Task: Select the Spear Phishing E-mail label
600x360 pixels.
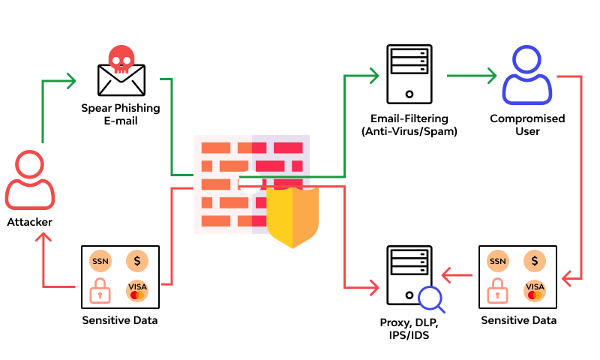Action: click(x=121, y=114)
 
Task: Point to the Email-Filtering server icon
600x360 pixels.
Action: click(x=409, y=73)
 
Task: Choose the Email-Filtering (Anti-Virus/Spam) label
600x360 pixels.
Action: click(x=409, y=125)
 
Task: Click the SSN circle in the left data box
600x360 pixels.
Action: click(x=100, y=261)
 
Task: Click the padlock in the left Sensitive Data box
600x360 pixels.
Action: click(x=100, y=290)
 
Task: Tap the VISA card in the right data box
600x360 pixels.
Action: click(x=535, y=290)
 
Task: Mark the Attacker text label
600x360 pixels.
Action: click(x=30, y=222)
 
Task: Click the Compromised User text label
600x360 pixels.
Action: click(x=527, y=125)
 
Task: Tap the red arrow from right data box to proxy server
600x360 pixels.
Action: click(x=457, y=276)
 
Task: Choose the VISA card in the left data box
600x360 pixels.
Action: click(x=137, y=290)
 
